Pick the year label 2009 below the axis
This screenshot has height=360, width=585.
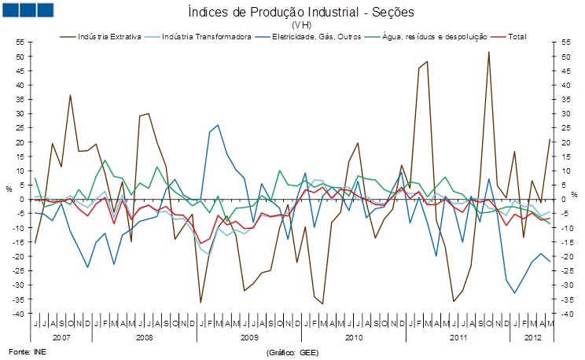point(249,336)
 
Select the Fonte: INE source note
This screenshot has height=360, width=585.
point(25,351)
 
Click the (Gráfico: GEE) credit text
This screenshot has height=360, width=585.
point(292,352)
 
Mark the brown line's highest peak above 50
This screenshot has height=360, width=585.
point(488,52)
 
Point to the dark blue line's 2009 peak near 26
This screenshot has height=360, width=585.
point(218,125)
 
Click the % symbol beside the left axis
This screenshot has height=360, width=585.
point(9,189)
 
